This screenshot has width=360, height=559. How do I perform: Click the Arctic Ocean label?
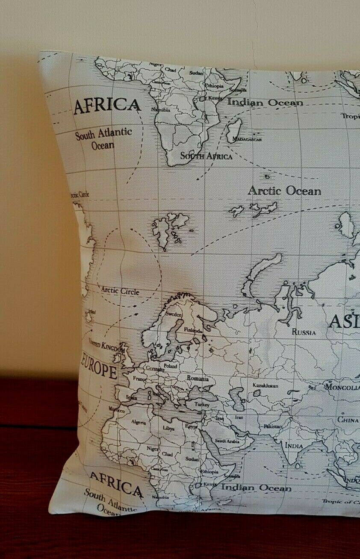(284, 191)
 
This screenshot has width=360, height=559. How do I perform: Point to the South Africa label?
(206, 156)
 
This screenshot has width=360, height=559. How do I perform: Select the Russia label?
(304, 332)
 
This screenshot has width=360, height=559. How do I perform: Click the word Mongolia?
(342, 388)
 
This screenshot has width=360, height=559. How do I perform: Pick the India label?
(294, 446)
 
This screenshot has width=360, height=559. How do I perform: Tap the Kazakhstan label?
(265, 385)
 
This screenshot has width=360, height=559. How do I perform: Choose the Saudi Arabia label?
(226, 441)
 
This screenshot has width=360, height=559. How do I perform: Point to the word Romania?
(198, 378)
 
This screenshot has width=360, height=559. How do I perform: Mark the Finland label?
(192, 330)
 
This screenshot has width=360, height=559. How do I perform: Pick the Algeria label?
(139, 422)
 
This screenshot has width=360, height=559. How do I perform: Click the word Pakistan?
(273, 427)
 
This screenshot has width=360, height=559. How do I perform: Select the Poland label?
(170, 366)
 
